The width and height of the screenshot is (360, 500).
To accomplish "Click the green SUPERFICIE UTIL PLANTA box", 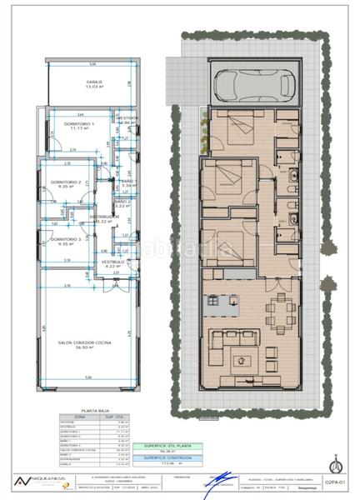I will coord(177,447).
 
